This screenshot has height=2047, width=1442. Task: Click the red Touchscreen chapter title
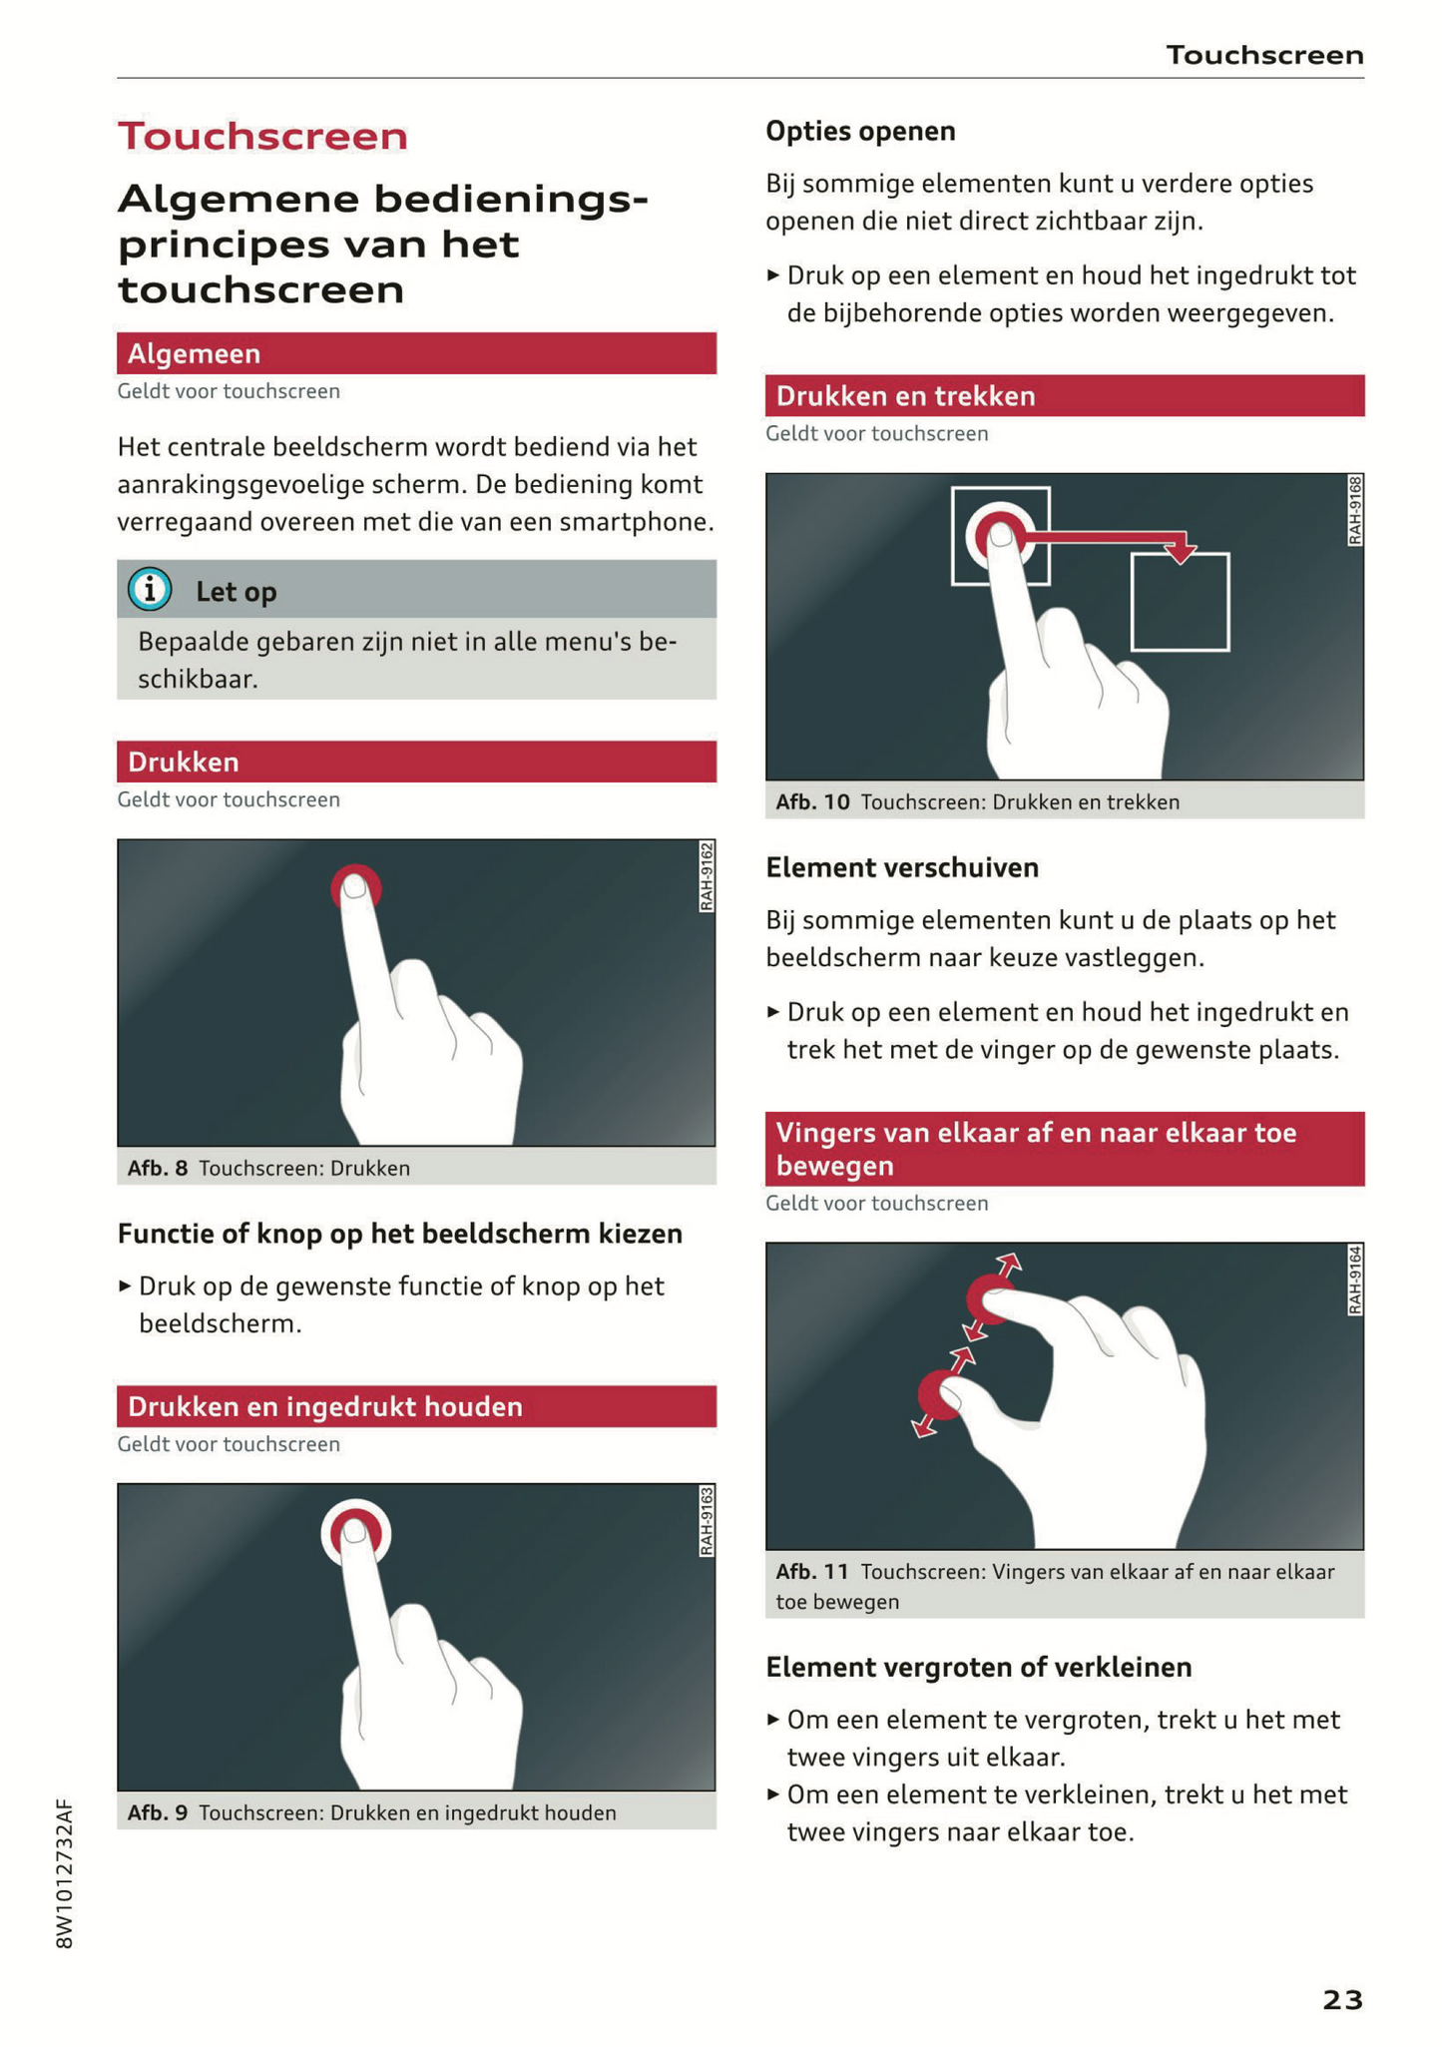(x=262, y=136)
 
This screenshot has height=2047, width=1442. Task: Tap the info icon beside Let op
(x=150, y=590)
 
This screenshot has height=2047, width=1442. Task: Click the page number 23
(x=1342, y=1999)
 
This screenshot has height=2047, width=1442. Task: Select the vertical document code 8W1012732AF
(x=65, y=1873)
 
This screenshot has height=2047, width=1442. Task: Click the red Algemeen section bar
(x=416, y=353)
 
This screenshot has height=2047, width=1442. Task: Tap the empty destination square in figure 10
(x=1180, y=602)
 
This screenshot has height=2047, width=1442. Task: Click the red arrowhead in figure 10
(x=1181, y=552)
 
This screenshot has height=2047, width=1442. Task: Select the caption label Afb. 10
(x=812, y=802)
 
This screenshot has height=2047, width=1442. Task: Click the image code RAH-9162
(x=707, y=876)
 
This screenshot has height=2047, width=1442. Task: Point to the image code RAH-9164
(x=1354, y=1280)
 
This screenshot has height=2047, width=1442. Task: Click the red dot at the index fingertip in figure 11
(x=990, y=1298)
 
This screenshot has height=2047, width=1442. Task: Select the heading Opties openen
(x=860, y=131)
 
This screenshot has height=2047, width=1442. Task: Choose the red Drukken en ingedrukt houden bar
(x=416, y=1406)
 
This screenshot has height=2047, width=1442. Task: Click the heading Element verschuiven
(x=902, y=867)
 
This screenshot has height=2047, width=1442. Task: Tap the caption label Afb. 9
(x=158, y=1812)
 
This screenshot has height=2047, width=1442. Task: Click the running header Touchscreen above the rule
(x=1265, y=55)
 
